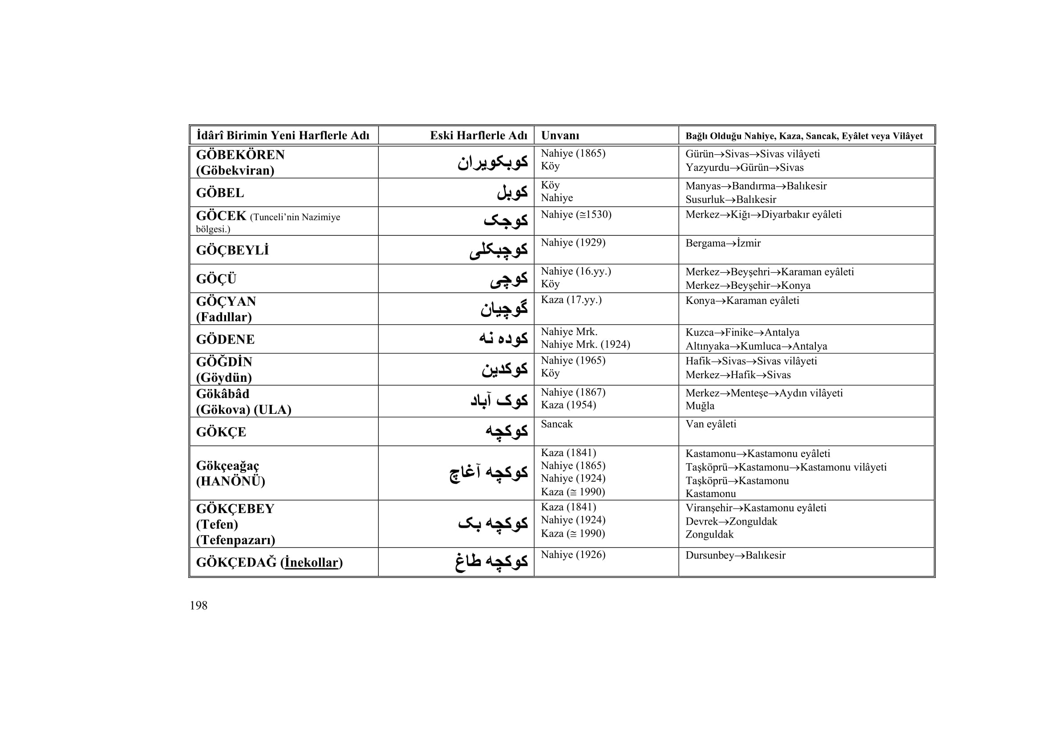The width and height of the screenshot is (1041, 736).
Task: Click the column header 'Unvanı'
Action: [x=560, y=136]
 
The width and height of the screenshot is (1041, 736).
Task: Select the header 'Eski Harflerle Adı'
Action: [x=478, y=136]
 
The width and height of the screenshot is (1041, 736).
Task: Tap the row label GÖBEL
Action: [x=220, y=193]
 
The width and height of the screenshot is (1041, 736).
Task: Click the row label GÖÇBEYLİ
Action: [x=232, y=250]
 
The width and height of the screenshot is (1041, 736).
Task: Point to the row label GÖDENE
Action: [x=225, y=340]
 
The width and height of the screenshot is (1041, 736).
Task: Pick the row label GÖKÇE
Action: [x=221, y=432]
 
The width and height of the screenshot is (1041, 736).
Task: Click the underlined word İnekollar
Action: [x=312, y=562]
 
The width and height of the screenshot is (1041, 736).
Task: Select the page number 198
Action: [x=198, y=606]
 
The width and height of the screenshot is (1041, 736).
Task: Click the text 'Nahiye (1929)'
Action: [x=573, y=243]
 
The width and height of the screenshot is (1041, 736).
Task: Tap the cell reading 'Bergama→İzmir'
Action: [x=723, y=243]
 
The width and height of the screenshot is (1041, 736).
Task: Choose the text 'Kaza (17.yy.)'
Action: [x=571, y=299]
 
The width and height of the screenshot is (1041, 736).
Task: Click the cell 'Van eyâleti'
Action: [x=710, y=424]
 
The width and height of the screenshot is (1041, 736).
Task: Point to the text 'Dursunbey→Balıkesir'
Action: [x=735, y=555]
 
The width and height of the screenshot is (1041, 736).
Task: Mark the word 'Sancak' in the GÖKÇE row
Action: [x=556, y=424]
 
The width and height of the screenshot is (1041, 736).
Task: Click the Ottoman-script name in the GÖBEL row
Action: [x=512, y=193]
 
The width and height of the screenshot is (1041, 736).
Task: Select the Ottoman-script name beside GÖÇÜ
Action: [x=508, y=279]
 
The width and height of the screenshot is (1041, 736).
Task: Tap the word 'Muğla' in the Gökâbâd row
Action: [x=700, y=406]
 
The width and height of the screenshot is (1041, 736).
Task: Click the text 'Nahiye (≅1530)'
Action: [x=576, y=214]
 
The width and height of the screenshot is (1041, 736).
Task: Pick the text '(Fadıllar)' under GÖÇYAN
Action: [x=223, y=317]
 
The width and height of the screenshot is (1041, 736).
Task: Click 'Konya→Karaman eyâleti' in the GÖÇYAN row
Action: [x=742, y=300]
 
